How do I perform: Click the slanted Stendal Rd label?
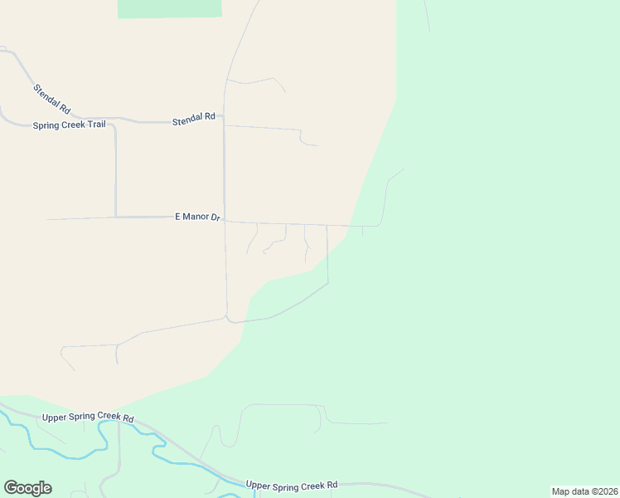pyautogui.click(x=52, y=99)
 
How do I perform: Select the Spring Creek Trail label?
pyautogui.click(x=69, y=125)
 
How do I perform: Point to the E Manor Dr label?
pyautogui.click(x=196, y=217)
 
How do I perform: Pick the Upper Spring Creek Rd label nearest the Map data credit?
pyautogui.click(x=292, y=485)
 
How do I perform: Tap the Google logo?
pyautogui.click(x=27, y=488)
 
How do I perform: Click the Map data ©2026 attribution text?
pyautogui.click(x=584, y=491)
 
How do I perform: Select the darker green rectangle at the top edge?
pyautogui.click(x=170, y=8)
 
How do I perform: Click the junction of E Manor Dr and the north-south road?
pyautogui.click(x=225, y=221)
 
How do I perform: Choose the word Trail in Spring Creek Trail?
pyautogui.click(x=94, y=125)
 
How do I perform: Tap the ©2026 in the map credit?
pyautogui.click(x=603, y=491)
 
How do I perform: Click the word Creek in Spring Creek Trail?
pyautogui.click(x=71, y=125)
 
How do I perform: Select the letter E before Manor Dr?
pyautogui.click(x=177, y=217)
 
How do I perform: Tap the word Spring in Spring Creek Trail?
pyautogui.click(x=46, y=126)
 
